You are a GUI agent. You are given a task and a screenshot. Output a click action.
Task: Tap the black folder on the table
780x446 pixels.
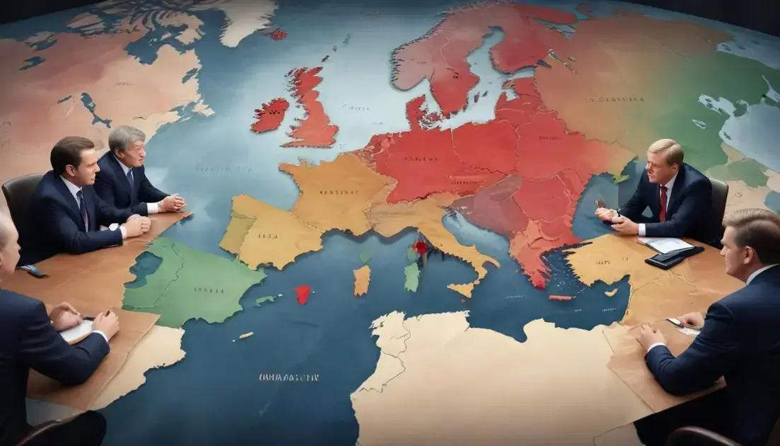(x=674, y=257)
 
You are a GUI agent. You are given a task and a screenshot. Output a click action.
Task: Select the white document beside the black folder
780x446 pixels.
(x=666, y=244)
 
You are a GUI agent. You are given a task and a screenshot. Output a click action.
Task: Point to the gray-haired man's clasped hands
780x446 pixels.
(x=172, y=203)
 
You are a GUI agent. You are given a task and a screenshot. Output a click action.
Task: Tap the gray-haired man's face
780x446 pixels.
(x=132, y=150)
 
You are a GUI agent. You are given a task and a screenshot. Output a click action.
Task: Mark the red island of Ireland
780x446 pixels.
(x=269, y=115)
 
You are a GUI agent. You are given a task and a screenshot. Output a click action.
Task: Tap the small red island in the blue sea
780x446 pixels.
(x=303, y=294)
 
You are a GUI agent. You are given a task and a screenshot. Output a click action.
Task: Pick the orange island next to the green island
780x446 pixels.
(x=361, y=280)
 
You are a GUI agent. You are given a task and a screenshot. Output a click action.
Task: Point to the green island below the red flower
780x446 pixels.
(x=412, y=276)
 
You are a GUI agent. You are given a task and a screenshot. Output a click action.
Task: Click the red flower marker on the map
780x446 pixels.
(x=421, y=247)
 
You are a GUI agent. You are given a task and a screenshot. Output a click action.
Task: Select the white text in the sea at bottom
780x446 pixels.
(x=288, y=377)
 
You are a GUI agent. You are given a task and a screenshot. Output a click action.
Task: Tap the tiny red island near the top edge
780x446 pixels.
(x=278, y=34)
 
